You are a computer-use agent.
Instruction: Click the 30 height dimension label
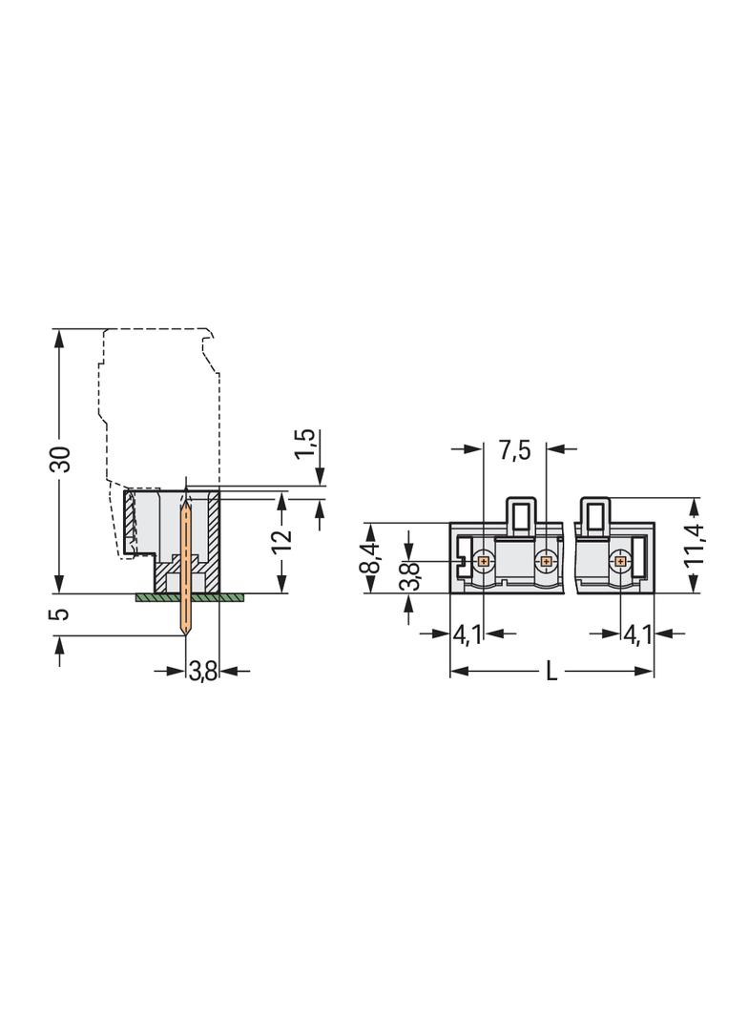60,459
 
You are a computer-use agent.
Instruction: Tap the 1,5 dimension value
304,446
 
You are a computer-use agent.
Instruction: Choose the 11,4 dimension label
696,545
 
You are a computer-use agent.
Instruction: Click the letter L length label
551,672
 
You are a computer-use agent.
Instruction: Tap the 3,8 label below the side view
202,673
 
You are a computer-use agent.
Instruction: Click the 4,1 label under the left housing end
467,633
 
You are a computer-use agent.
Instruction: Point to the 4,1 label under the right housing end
637,633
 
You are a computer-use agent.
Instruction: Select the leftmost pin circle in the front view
483,561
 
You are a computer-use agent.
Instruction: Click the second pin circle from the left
546,561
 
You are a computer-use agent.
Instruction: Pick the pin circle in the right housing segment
620,561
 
